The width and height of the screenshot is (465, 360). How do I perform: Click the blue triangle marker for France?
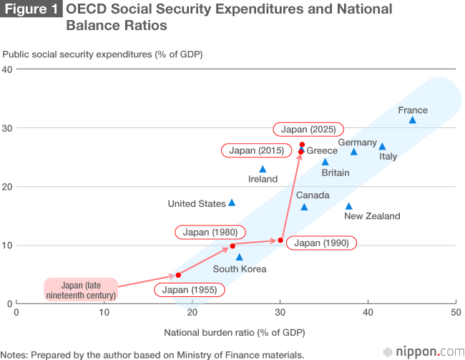(x=412, y=120)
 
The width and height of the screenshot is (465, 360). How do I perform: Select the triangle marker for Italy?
(x=382, y=147)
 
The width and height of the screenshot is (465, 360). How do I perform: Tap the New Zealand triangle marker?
(x=349, y=206)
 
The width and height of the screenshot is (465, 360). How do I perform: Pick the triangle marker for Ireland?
(x=263, y=169)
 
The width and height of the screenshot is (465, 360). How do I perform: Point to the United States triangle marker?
(x=232, y=203)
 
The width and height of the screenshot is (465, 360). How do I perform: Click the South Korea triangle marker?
(x=240, y=257)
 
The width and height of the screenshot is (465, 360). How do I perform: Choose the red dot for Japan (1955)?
(x=178, y=275)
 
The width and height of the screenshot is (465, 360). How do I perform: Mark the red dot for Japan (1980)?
(x=232, y=245)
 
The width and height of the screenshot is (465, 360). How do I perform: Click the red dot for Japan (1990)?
(x=280, y=240)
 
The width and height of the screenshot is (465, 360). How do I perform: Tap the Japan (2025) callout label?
(x=309, y=130)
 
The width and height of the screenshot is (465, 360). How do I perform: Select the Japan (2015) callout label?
(x=256, y=151)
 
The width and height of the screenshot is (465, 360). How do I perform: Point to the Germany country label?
(x=357, y=142)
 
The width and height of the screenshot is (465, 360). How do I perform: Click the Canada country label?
(x=313, y=195)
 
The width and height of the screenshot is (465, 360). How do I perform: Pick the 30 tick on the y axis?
(x=8, y=128)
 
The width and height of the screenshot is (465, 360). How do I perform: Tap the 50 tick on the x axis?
(x=456, y=313)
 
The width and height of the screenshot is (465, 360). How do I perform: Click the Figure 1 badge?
(x=31, y=10)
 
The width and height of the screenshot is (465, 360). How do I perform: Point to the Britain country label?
(x=336, y=172)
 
